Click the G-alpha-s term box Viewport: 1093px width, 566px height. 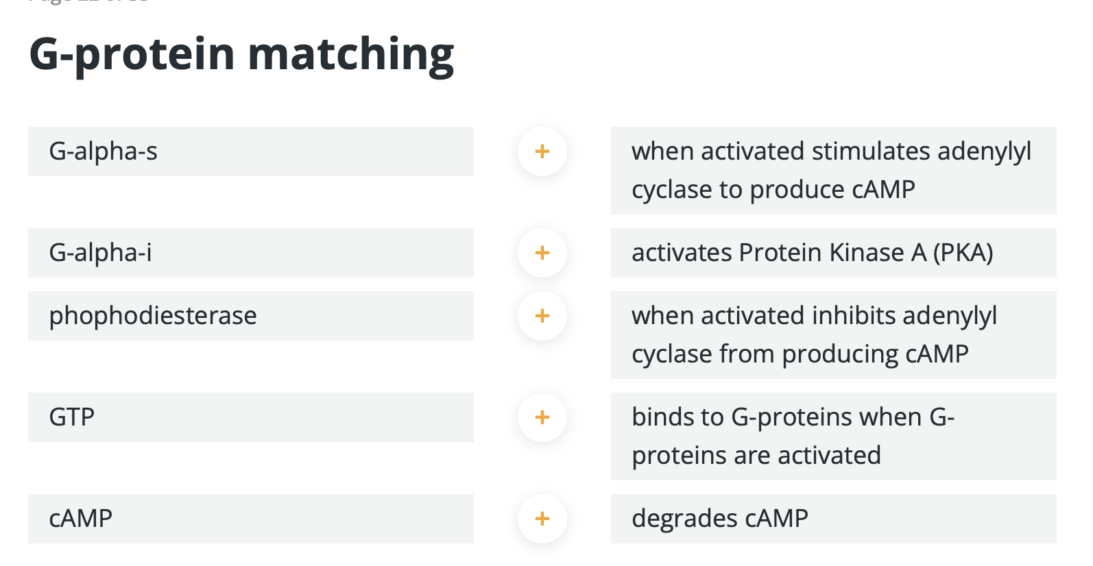coord(250,151)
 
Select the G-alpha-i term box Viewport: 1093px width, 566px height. coord(250,253)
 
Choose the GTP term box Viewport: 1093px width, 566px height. coord(250,417)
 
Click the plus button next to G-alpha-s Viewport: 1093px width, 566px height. coord(542,151)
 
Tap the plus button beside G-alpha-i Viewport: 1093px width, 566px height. coord(542,253)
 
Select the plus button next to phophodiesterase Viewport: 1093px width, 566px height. coord(542,316)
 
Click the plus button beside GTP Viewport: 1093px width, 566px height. coord(542,417)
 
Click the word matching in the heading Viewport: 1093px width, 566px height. coord(351,55)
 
